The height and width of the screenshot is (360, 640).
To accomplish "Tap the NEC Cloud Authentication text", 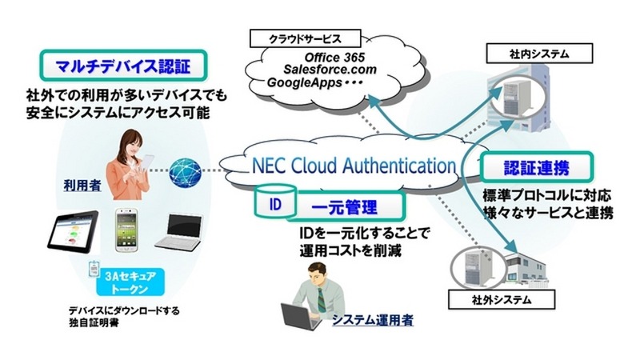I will click(354, 166).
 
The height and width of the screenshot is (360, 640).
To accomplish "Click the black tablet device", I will click(71, 233).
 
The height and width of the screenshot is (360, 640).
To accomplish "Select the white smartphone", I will click(130, 230).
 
